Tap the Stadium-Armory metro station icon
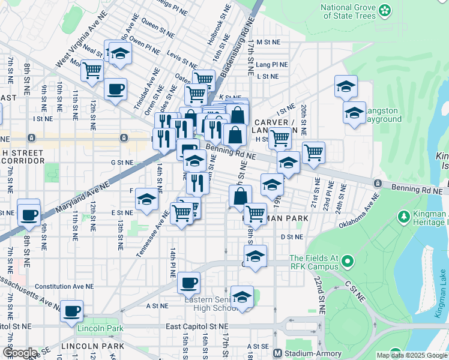tap(278, 353)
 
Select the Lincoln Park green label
tap(100, 328)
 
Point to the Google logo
tap(20, 353)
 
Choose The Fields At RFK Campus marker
tap(346, 262)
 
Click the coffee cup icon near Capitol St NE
tap(72, 311)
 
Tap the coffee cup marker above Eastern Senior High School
tap(188, 282)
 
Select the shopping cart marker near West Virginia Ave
tap(92, 71)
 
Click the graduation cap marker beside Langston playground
tap(354, 112)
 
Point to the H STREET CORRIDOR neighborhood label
tap(23, 157)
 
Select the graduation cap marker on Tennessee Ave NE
tap(146, 200)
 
